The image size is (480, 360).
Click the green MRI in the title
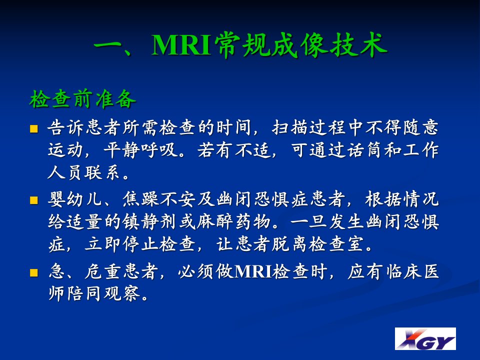click(x=181, y=45)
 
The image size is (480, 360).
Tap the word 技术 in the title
click(x=358, y=45)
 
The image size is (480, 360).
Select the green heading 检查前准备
click(x=82, y=99)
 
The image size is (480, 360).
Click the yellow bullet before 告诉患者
click(x=33, y=128)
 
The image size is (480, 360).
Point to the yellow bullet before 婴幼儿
click(x=33, y=200)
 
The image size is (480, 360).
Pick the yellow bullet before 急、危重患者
click(x=33, y=272)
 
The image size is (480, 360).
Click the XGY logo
click(x=425, y=338)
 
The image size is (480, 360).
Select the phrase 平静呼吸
click(x=140, y=150)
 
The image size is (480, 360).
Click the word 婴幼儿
click(x=75, y=199)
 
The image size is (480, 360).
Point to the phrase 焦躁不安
click(x=159, y=199)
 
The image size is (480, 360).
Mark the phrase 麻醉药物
click(x=233, y=221)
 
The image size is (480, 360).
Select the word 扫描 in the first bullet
click(x=290, y=127)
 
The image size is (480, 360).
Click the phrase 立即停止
click(x=122, y=244)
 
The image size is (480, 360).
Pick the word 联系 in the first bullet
click(x=102, y=172)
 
